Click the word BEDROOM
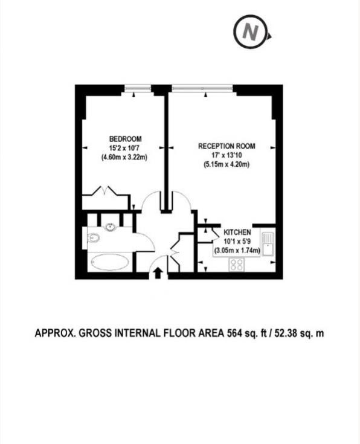[125, 140]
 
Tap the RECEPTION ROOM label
[227, 146]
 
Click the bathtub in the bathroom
[109, 263]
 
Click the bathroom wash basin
[110, 228]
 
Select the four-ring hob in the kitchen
[236, 264]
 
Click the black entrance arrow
[158, 273]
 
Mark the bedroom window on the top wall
[138, 89]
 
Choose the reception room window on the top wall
[202, 89]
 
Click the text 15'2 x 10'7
[125, 149]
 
